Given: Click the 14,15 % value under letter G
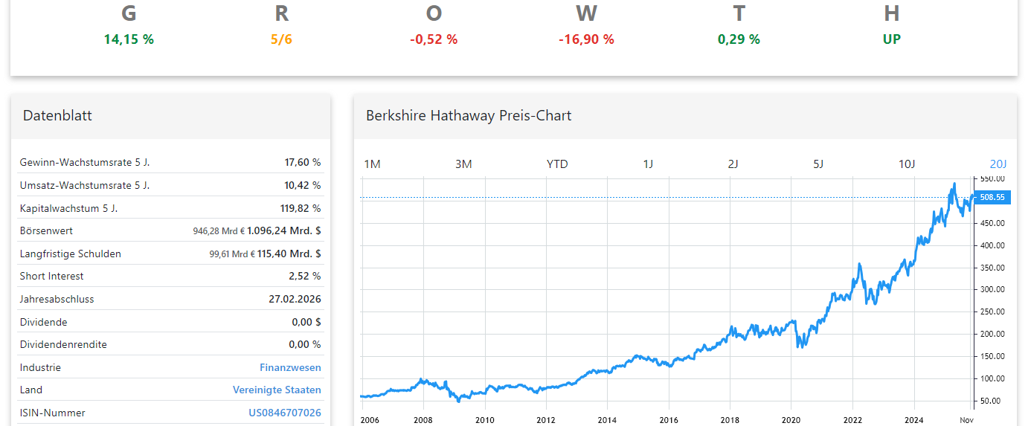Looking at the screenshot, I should (129, 39).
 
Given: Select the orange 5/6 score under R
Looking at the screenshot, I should (281, 39).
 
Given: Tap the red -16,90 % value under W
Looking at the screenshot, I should (586, 39).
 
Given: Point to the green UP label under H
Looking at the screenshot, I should (891, 39).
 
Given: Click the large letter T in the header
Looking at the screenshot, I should (739, 13).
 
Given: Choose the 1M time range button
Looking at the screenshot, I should (372, 164).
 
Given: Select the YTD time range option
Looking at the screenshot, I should (557, 164).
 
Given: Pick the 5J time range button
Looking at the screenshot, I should (818, 164).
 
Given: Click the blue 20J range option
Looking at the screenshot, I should (998, 164).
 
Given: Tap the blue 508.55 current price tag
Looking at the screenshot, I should (992, 198).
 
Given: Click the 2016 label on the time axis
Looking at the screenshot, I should (669, 420).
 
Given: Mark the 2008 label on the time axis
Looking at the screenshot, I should (423, 420).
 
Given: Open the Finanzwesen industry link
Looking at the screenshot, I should (290, 367).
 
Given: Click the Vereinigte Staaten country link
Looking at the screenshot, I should (277, 390).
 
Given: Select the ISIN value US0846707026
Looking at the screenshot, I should (285, 413).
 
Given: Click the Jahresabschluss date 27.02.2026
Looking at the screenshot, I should (295, 299).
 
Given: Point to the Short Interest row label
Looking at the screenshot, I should (51, 276).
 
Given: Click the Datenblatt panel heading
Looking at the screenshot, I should (57, 116).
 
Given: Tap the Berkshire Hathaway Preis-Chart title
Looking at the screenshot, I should (469, 116).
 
